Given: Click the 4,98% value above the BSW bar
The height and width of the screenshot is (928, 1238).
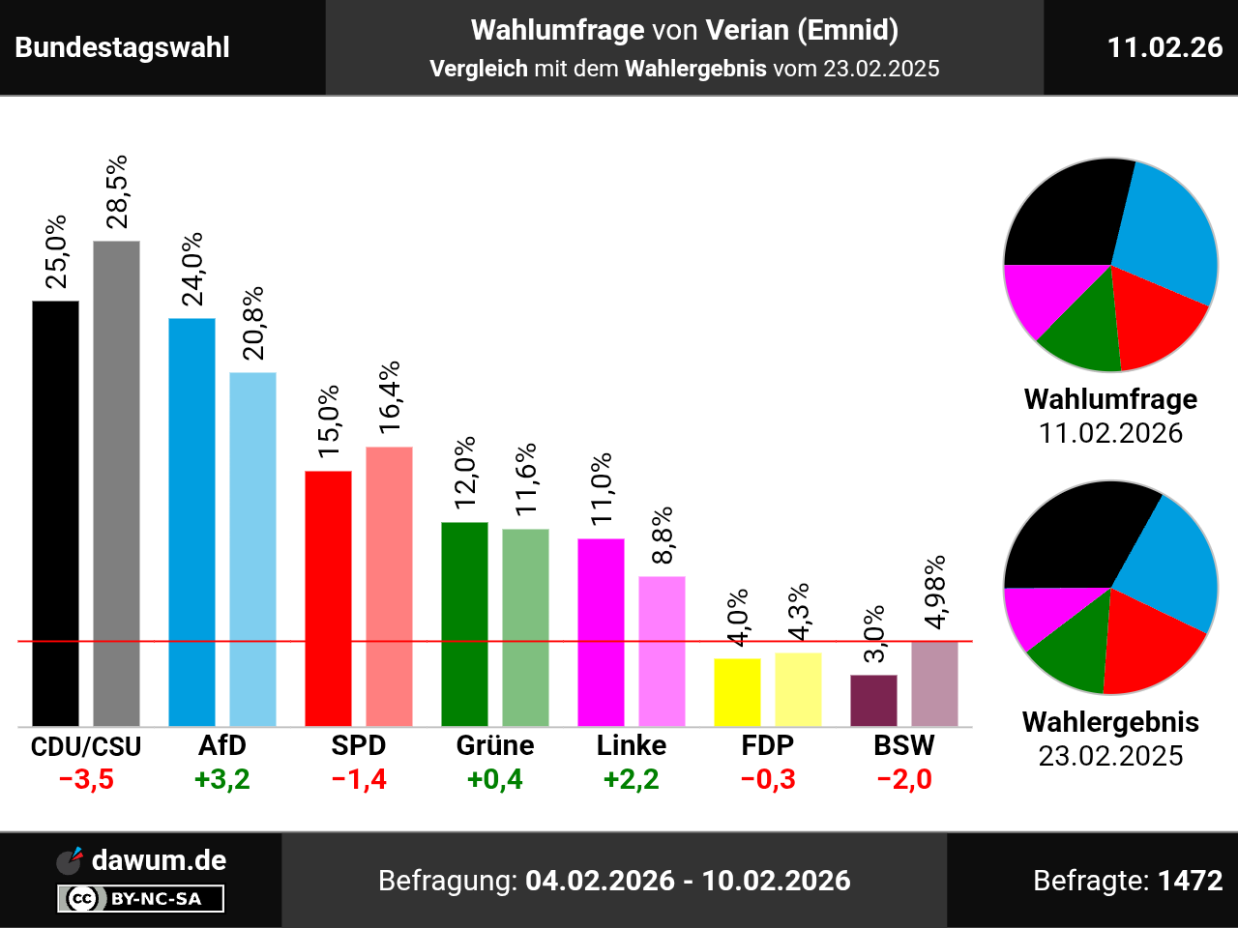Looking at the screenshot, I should coord(934,592).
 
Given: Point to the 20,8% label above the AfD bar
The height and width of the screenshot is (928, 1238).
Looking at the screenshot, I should coord(253,324).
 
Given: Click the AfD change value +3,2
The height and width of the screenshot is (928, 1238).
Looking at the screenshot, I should coord(222,779).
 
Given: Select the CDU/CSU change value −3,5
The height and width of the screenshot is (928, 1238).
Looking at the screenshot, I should coord(86,779).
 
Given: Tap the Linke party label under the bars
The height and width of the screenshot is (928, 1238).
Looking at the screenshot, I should coord(632,745).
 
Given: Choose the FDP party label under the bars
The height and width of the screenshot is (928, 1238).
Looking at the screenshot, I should coord(768,745).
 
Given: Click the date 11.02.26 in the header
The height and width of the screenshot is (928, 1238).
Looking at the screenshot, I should coord(1164,47).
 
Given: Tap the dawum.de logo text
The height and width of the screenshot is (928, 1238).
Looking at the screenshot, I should coord(159,860).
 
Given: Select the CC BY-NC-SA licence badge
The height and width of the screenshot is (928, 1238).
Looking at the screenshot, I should coord(141,899).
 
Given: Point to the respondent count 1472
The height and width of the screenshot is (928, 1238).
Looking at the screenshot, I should coord(1190,881).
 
